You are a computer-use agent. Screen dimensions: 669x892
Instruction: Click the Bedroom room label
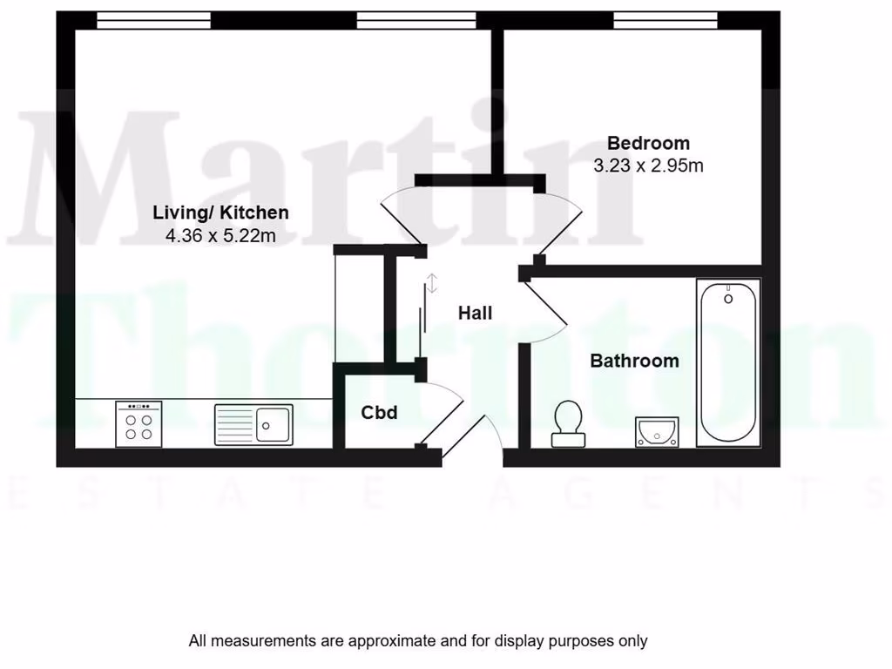pyautogui.click(x=648, y=143)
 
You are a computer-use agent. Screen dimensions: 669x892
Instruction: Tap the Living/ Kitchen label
pyautogui.click(x=220, y=213)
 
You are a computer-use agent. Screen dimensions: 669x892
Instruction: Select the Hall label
pyautogui.click(x=475, y=313)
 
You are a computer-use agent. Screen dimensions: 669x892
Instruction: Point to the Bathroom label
pyautogui.click(x=634, y=361)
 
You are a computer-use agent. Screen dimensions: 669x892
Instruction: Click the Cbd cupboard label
pyautogui.click(x=379, y=412)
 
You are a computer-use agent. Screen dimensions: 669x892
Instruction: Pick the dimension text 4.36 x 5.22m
pyautogui.click(x=220, y=235)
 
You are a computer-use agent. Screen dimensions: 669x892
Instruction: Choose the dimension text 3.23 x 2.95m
pyautogui.click(x=648, y=166)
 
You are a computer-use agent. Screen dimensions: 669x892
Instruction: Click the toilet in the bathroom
pyautogui.click(x=568, y=423)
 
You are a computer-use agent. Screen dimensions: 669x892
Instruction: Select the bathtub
pyautogui.click(x=727, y=362)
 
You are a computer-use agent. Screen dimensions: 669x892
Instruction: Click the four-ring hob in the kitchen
pyautogui.click(x=139, y=424)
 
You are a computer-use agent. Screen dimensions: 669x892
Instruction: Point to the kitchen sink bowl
pyautogui.click(x=274, y=424)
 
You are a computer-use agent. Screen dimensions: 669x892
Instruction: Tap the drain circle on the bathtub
pyautogui.click(x=727, y=299)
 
